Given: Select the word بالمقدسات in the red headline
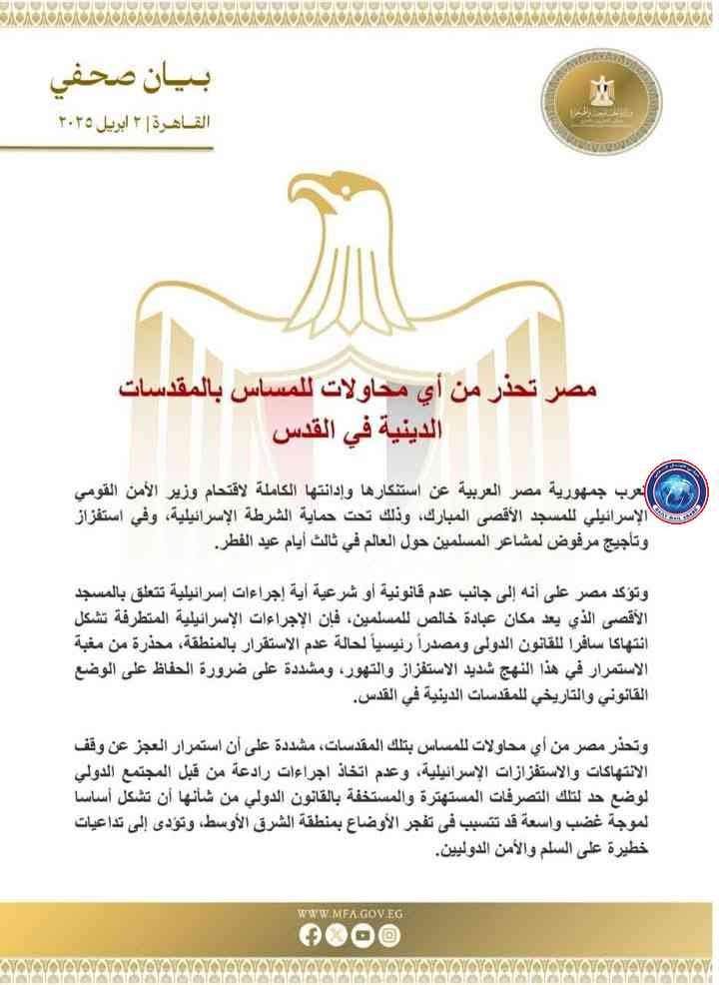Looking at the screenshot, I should tap(182, 386).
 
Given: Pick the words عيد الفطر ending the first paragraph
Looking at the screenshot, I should tap(243, 547).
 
